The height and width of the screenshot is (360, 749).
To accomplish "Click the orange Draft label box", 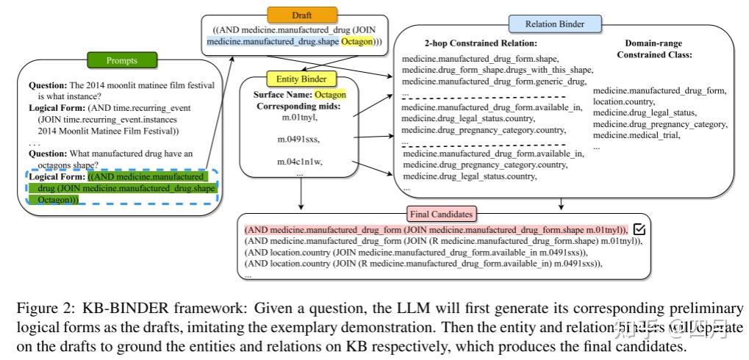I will (x=306, y=14).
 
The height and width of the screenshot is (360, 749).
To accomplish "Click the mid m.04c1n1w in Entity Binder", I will (x=300, y=161).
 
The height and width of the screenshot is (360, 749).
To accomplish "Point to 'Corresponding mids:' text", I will (x=299, y=106).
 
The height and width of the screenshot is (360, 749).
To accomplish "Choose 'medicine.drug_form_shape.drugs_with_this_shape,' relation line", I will (x=497, y=69).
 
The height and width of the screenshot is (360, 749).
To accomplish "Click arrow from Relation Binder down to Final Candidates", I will (x=562, y=203).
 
